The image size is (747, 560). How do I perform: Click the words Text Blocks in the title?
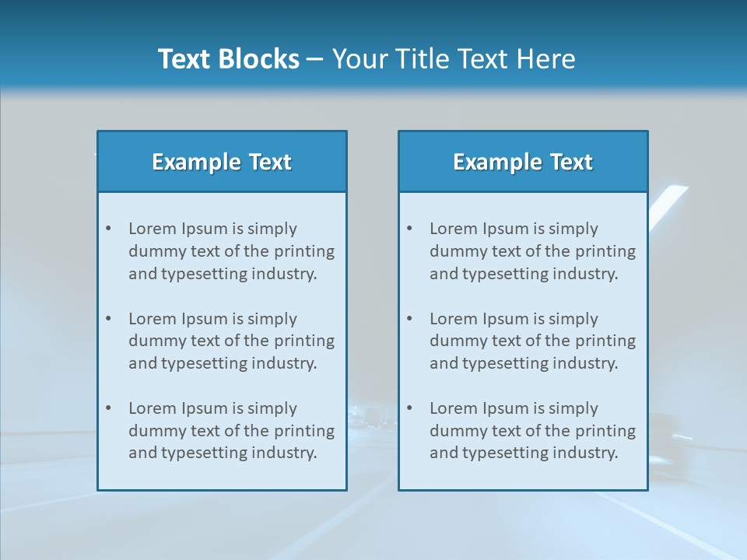[x=228, y=59]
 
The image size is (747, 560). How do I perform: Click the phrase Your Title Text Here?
[x=454, y=59]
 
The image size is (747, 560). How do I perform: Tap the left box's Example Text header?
[x=222, y=162]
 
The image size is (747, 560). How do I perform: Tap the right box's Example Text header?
[x=523, y=162]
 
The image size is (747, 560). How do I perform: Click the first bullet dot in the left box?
[x=109, y=229]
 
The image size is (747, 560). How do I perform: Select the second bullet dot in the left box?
[x=109, y=319]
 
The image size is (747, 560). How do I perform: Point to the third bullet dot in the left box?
[x=109, y=408]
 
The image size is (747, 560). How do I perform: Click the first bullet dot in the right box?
[x=410, y=229]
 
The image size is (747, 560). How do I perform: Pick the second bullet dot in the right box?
[x=410, y=319]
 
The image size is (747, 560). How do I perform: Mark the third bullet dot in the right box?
[x=410, y=408]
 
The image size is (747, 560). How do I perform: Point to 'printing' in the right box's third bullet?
[x=606, y=430]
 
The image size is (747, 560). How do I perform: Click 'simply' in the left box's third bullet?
[x=272, y=408]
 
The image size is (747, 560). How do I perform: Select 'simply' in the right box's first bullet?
[x=573, y=229]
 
